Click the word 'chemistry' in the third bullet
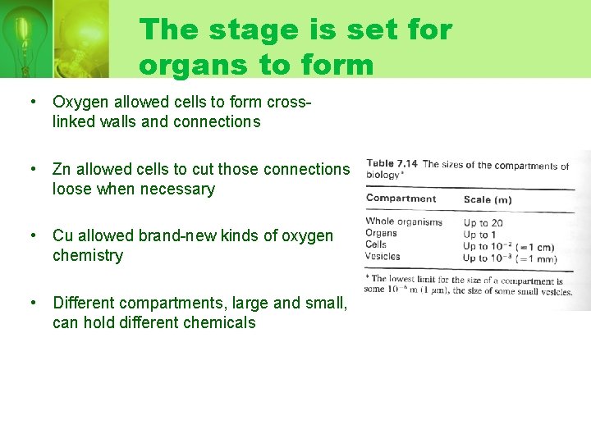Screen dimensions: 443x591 pos(87,256)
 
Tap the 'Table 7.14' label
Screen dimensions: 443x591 pos(392,163)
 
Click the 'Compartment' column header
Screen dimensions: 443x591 pos(401,199)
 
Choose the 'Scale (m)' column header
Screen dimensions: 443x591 pos(488,199)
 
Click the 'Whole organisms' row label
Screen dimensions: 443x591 pos(404,221)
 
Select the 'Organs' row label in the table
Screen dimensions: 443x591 pos(382,233)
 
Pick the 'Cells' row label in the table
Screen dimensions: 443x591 pos(376,244)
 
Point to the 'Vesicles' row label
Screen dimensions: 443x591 pos(383,256)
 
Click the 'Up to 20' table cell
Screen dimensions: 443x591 pos(483,222)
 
